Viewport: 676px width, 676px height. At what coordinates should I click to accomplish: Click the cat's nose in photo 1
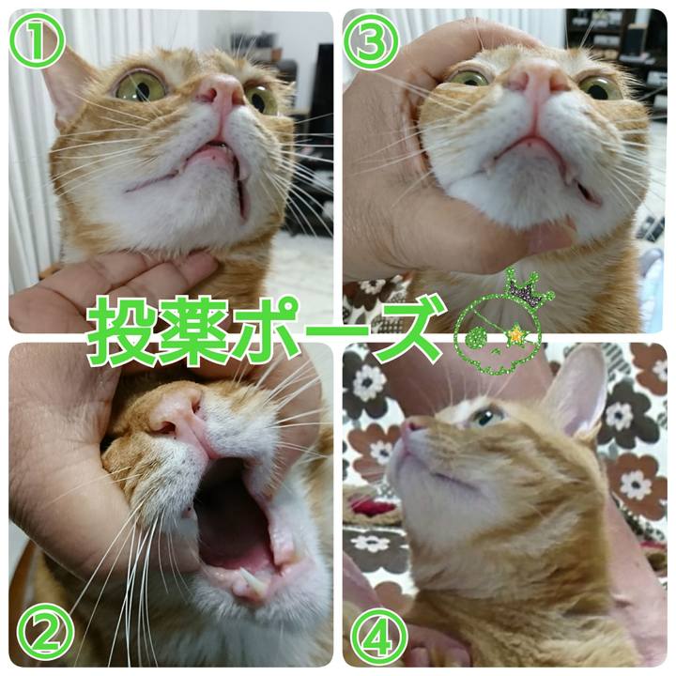(x=221, y=91)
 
